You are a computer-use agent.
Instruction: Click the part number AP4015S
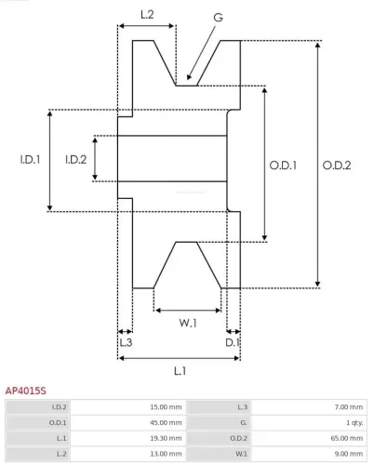(26, 392)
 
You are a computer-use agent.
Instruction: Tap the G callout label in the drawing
(217, 17)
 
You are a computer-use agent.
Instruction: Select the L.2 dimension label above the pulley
(147, 14)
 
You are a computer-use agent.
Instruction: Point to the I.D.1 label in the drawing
(30, 159)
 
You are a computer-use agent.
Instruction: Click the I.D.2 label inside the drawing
(75, 159)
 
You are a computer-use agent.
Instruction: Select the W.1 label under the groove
(188, 323)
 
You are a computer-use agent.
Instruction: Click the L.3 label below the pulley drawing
(125, 342)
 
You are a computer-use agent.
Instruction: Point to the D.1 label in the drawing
(234, 342)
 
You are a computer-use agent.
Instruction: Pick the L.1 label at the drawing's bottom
(180, 371)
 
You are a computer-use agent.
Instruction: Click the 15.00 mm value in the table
(166, 406)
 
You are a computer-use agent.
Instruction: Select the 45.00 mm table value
(166, 421)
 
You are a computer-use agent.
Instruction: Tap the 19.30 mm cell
(166, 437)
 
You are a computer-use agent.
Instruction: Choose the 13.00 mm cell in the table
(166, 452)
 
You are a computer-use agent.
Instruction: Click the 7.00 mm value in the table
(348, 406)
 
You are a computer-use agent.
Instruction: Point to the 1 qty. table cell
(352, 421)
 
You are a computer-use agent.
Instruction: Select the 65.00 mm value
(346, 437)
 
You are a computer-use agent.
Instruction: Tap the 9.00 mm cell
(348, 452)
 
